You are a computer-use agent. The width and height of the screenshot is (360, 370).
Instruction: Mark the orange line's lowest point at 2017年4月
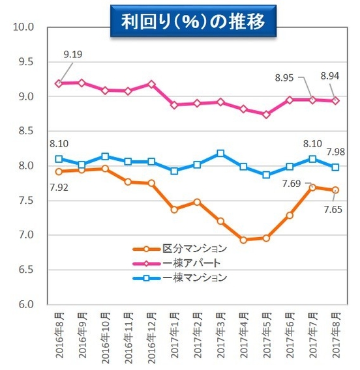(244, 240)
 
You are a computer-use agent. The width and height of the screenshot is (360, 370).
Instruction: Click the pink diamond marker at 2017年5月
(265, 114)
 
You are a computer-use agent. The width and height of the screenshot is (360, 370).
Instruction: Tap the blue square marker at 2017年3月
(221, 154)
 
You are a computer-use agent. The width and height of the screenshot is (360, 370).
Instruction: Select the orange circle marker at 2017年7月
(312, 188)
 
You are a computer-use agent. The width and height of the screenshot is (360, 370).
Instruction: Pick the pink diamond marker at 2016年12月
(151, 84)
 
